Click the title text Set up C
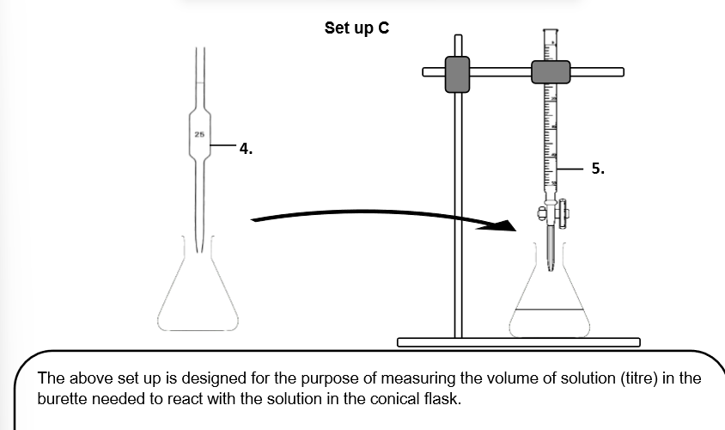click(x=356, y=28)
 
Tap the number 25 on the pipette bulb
click(x=199, y=135)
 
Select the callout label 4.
click(x=246, y=149)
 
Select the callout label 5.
click(x=598, y=169)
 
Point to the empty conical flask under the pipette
click(x=198, y=297)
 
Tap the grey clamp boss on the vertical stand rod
click(x=458, y=74)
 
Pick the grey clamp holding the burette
click(x=551, y=72)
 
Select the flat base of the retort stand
click(x=519, y=342)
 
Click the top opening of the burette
click(x=551, y=30)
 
